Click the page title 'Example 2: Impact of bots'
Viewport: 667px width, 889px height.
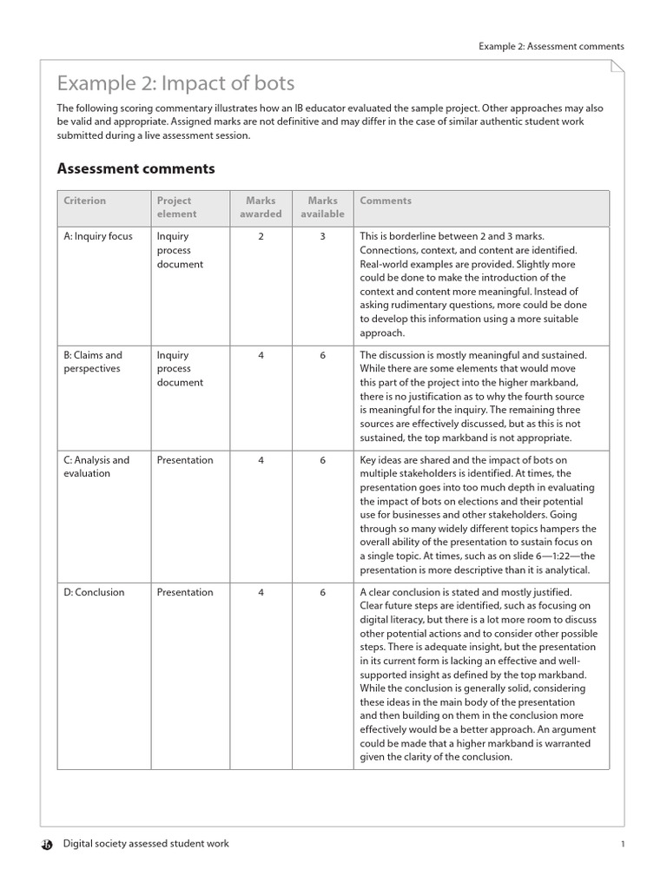[x=175, y=83]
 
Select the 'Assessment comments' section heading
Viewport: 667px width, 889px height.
[x=135, y=168]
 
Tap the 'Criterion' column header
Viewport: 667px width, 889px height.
[x=84, y=201]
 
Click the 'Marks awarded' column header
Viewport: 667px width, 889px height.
[x=261, y=207]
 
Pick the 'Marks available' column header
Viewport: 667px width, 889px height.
[x=322, y=207]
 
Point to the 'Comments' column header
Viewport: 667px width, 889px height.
[x=385, y=201]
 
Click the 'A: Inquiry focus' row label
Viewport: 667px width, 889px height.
[x=98, y=236]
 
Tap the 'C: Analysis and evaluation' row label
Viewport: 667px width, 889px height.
[x=96, y=466]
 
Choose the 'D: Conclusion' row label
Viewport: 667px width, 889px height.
[x=94, y=592]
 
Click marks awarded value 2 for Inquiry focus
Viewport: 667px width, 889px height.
[x=261, y=236]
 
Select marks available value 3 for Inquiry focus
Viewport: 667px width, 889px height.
[x=322, y=236]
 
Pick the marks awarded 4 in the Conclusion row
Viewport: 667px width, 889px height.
[x=261, y=592]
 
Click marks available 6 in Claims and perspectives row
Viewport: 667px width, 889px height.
[x=322, y=355]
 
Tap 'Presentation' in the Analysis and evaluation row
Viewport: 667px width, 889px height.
[x=184, y=460]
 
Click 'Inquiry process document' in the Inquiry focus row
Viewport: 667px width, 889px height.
[x=180, y=250]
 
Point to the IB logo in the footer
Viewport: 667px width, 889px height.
[x=47, y=844]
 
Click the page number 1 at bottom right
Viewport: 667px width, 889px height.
[x=623, y=845]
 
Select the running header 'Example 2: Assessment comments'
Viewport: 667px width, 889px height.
[x=551, y=47]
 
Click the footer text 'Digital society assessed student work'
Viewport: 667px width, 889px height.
[x=145, y=844]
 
